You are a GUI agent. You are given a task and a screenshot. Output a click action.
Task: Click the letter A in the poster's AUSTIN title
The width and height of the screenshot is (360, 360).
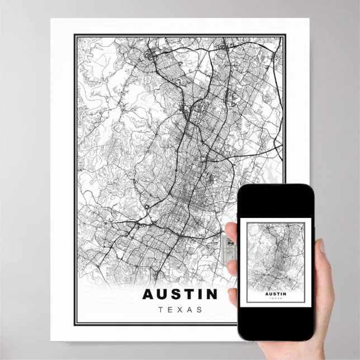pos(148,294)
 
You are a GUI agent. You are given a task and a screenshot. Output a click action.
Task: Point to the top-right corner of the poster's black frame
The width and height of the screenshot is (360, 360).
pos(286,36)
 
